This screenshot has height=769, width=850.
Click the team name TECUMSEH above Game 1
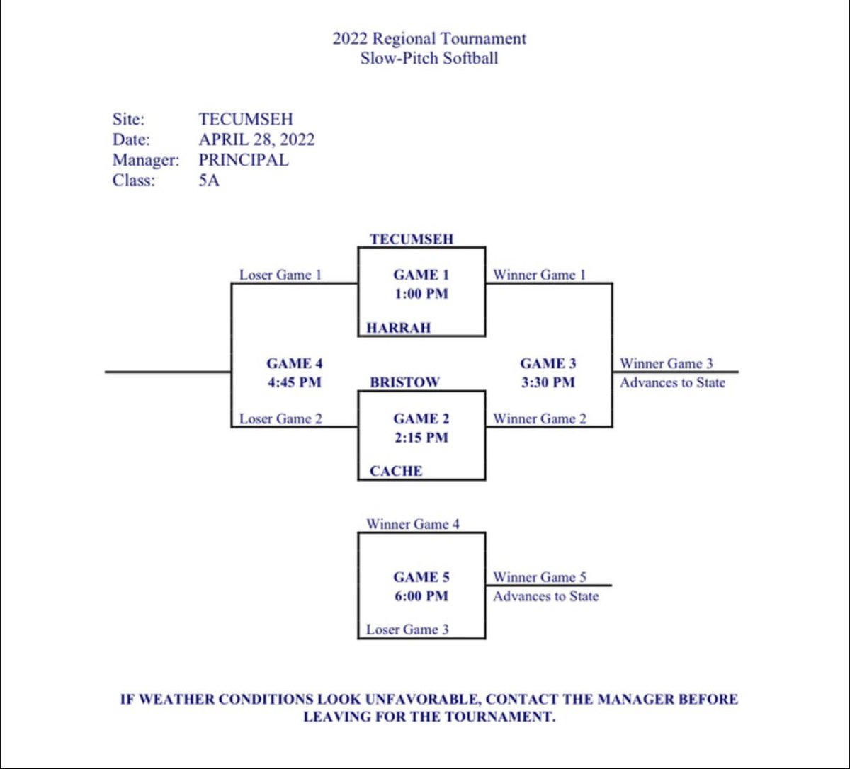click(412, 239)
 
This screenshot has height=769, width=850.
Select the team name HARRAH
click(398, 328)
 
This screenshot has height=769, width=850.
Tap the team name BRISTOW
click(404, 382)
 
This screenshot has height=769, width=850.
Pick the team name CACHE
click(396, 471)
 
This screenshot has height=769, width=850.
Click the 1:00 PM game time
click(421, 293)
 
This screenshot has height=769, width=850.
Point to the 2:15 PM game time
click(421, 438)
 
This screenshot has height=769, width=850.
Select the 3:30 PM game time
click(548, 382)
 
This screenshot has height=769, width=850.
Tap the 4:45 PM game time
click(294, 382)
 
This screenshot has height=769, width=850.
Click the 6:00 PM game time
click(421, 596)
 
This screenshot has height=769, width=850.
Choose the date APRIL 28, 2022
click(256, 139)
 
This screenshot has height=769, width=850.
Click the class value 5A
click(209, 181)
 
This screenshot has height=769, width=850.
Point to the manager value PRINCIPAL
click(244, 160)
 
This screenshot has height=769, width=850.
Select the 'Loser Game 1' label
click(280, 275)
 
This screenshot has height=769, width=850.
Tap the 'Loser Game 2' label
click(280, 418)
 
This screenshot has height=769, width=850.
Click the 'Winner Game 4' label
click(413, 524)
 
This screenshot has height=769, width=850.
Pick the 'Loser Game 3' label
click(407, 629)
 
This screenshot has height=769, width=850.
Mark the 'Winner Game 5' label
click(540, 577)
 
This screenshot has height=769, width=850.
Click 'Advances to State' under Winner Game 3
click(672, 382)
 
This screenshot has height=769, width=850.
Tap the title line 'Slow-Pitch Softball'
click(429, 58)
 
